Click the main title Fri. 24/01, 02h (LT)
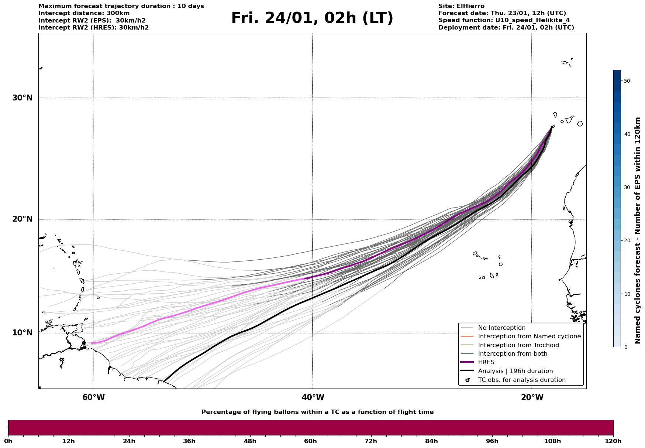312,18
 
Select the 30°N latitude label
23,98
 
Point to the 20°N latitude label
23,219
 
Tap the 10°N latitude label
23,333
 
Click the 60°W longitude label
93,397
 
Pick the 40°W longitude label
313,397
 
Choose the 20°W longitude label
532,397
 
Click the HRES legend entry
486,362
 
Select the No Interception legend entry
501,328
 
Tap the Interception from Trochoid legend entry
518,345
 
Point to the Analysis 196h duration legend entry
515,371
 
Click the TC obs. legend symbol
468,380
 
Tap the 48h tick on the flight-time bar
250,441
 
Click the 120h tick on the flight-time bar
613,441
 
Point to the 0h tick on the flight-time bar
8,441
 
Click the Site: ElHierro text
461,6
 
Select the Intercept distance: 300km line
84,13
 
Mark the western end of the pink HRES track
91,343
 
